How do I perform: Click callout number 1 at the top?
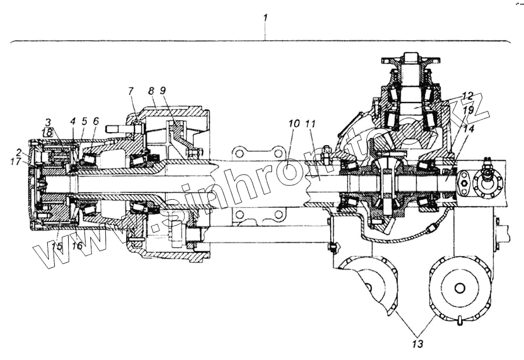tap(265, 17)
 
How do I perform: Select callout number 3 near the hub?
tap(48, 122)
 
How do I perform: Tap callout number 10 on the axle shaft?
tap(293, 123)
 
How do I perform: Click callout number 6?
tap(96, 121)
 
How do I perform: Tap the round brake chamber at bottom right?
tap(459, 288)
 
